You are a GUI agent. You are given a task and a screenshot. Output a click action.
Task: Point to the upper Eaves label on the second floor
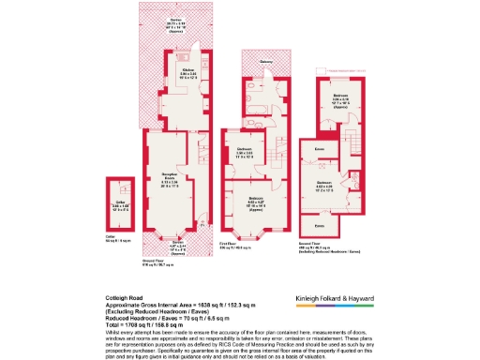click(x=320, y=149)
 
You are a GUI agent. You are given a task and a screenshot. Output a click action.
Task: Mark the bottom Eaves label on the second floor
click(x=319, y=226)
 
